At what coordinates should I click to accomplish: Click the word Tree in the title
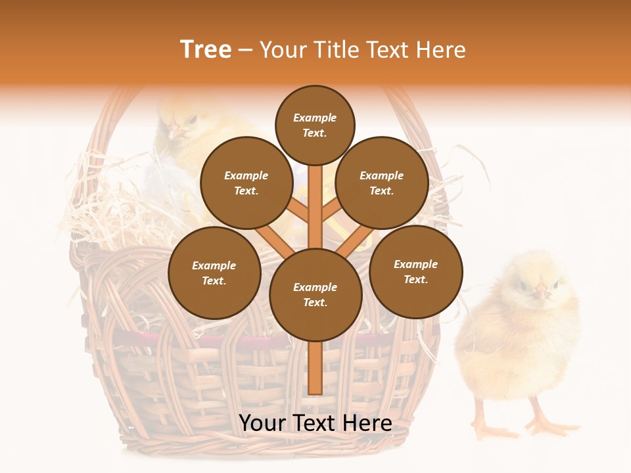206,50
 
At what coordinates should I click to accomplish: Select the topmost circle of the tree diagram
315,125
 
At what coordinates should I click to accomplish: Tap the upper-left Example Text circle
246,183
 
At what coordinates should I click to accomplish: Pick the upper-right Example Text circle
382,183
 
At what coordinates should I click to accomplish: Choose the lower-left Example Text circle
214,273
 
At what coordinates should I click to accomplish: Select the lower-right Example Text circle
415,271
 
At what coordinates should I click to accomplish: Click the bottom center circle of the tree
315,294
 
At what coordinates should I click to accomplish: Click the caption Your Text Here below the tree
315,423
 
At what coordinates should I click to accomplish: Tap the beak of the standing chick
540,290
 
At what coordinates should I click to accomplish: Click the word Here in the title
442,50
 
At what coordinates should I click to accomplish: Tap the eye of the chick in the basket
191,120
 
